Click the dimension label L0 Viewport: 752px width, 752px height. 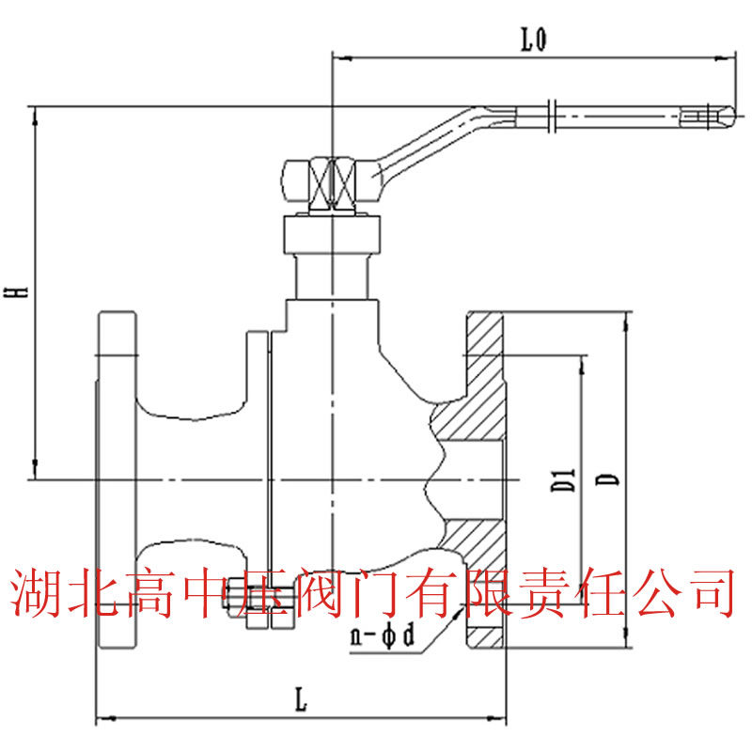(x=533, y=39)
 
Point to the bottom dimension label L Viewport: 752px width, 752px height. (x=299, y=698)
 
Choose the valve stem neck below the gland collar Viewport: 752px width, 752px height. (x=334, y=274)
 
